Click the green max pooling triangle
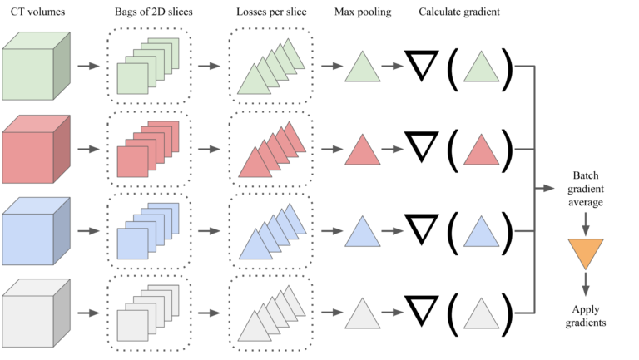(x=363, y=67)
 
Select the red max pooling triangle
(x=363, y=150)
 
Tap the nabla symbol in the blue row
(x=422, y=229)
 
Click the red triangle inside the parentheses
(x=481, y=150)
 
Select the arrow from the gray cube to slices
(x=87, y=315)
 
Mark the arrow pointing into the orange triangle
(x=585, y=223)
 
